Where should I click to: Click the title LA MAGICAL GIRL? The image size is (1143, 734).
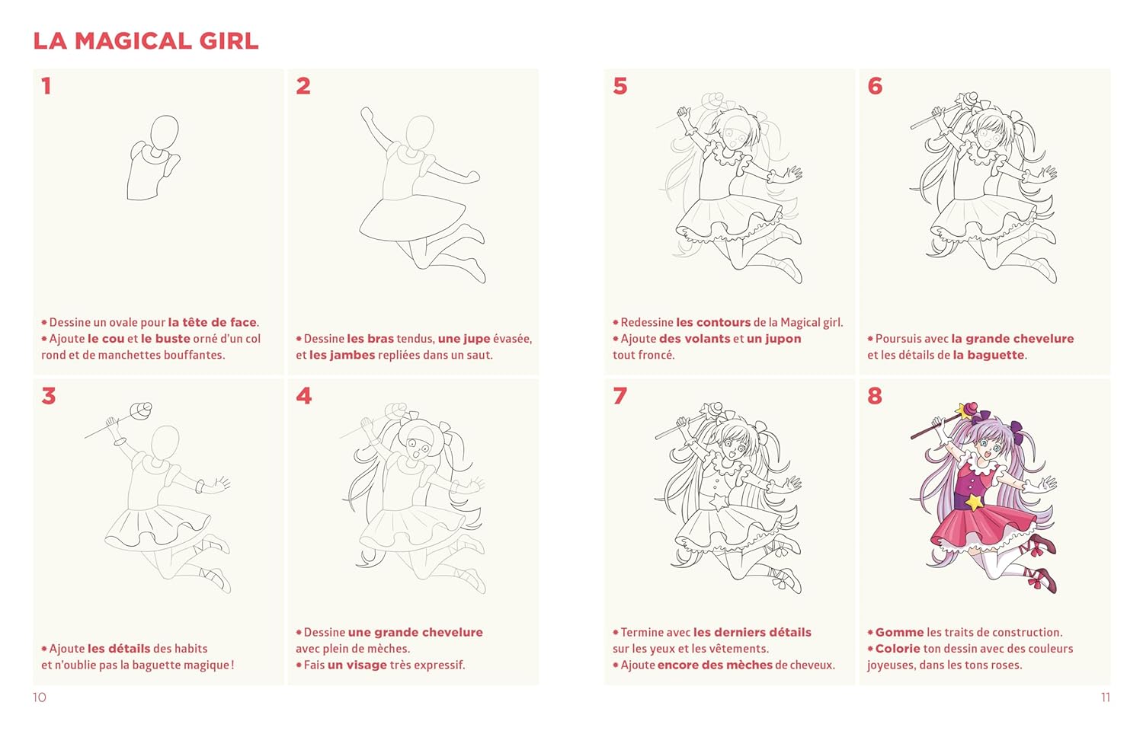(x=146, y=41)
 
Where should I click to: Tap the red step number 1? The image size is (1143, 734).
(x=46, y=85)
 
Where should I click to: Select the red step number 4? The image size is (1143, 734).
(x=303, y=395)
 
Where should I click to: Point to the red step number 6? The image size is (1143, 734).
(x=875, y=85)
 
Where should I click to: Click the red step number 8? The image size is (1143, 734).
(x=875, y=395)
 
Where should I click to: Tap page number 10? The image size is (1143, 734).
(x=40, y=697)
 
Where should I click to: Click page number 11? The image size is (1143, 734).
(x=1105, y=697)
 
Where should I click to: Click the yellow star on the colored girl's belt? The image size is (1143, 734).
(x=974, y=502)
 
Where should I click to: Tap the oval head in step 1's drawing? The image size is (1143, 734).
(x=165, y=133)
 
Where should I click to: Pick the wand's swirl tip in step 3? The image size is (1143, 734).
(x=141, y=411)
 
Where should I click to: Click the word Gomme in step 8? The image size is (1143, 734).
(x=899, y=632)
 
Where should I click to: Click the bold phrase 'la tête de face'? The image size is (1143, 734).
(x=213, y=322)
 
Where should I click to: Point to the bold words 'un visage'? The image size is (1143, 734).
(x=357, y=665)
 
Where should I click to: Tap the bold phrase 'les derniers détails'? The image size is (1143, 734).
(x=752, y=632)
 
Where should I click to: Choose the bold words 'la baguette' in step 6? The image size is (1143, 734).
(x=988, y=355)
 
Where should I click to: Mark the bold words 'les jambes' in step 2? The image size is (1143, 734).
(x=342, y=355)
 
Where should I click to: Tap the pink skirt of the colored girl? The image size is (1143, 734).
(x=982, y=530)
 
